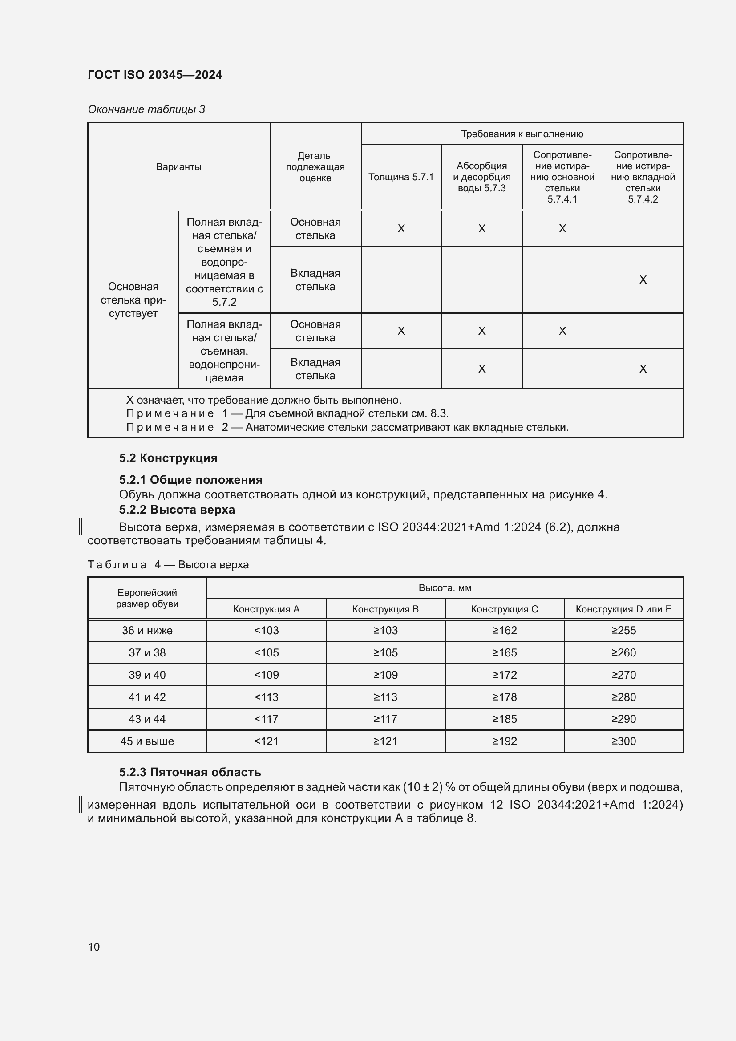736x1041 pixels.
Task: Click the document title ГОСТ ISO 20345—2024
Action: [154, 75]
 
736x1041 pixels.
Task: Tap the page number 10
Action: [94, 947]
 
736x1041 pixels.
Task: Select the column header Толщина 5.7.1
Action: [400, 177]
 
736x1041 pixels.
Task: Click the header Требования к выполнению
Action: [522, 134]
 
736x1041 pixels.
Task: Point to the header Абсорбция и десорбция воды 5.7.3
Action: [481, 177]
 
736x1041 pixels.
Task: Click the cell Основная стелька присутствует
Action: [133, 300]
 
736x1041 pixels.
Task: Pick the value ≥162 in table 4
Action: [504, 630]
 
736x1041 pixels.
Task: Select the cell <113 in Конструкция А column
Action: [266, 697]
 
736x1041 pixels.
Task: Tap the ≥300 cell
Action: [623, 741]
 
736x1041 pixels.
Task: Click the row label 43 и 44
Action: [147, 719]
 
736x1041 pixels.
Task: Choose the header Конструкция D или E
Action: [623, 609]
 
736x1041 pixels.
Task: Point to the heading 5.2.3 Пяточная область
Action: [190, 772]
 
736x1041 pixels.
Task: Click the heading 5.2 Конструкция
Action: [168, 458]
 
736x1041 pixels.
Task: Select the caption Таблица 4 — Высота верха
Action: [168, 564]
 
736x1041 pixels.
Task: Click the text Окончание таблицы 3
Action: [146, 109]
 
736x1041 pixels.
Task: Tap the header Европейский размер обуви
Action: [147, 598]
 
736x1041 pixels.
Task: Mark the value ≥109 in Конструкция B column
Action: [385, 675]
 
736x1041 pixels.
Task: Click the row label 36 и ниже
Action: [147, 630]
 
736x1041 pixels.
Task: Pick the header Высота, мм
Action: [445, 588]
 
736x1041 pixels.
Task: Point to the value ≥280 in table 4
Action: [623, 697]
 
